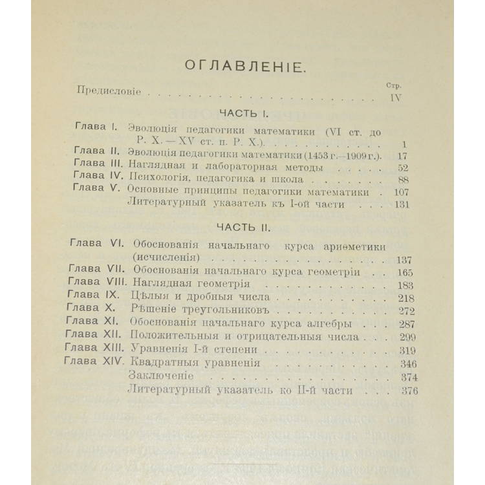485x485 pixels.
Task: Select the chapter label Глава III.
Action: [97, 167]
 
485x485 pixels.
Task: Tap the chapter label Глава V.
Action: [96, 191]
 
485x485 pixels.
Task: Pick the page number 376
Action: [407, 391]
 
